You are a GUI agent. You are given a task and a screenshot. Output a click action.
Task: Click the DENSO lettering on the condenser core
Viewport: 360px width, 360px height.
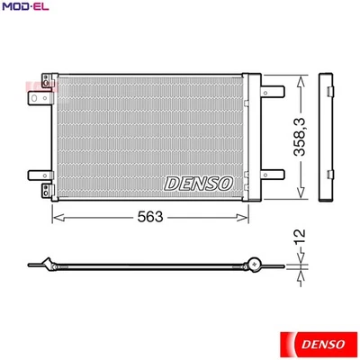point(199,183)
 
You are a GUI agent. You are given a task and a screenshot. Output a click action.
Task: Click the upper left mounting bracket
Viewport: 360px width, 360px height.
point(38,99)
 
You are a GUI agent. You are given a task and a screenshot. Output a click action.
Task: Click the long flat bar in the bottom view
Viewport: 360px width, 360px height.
point(148,266)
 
